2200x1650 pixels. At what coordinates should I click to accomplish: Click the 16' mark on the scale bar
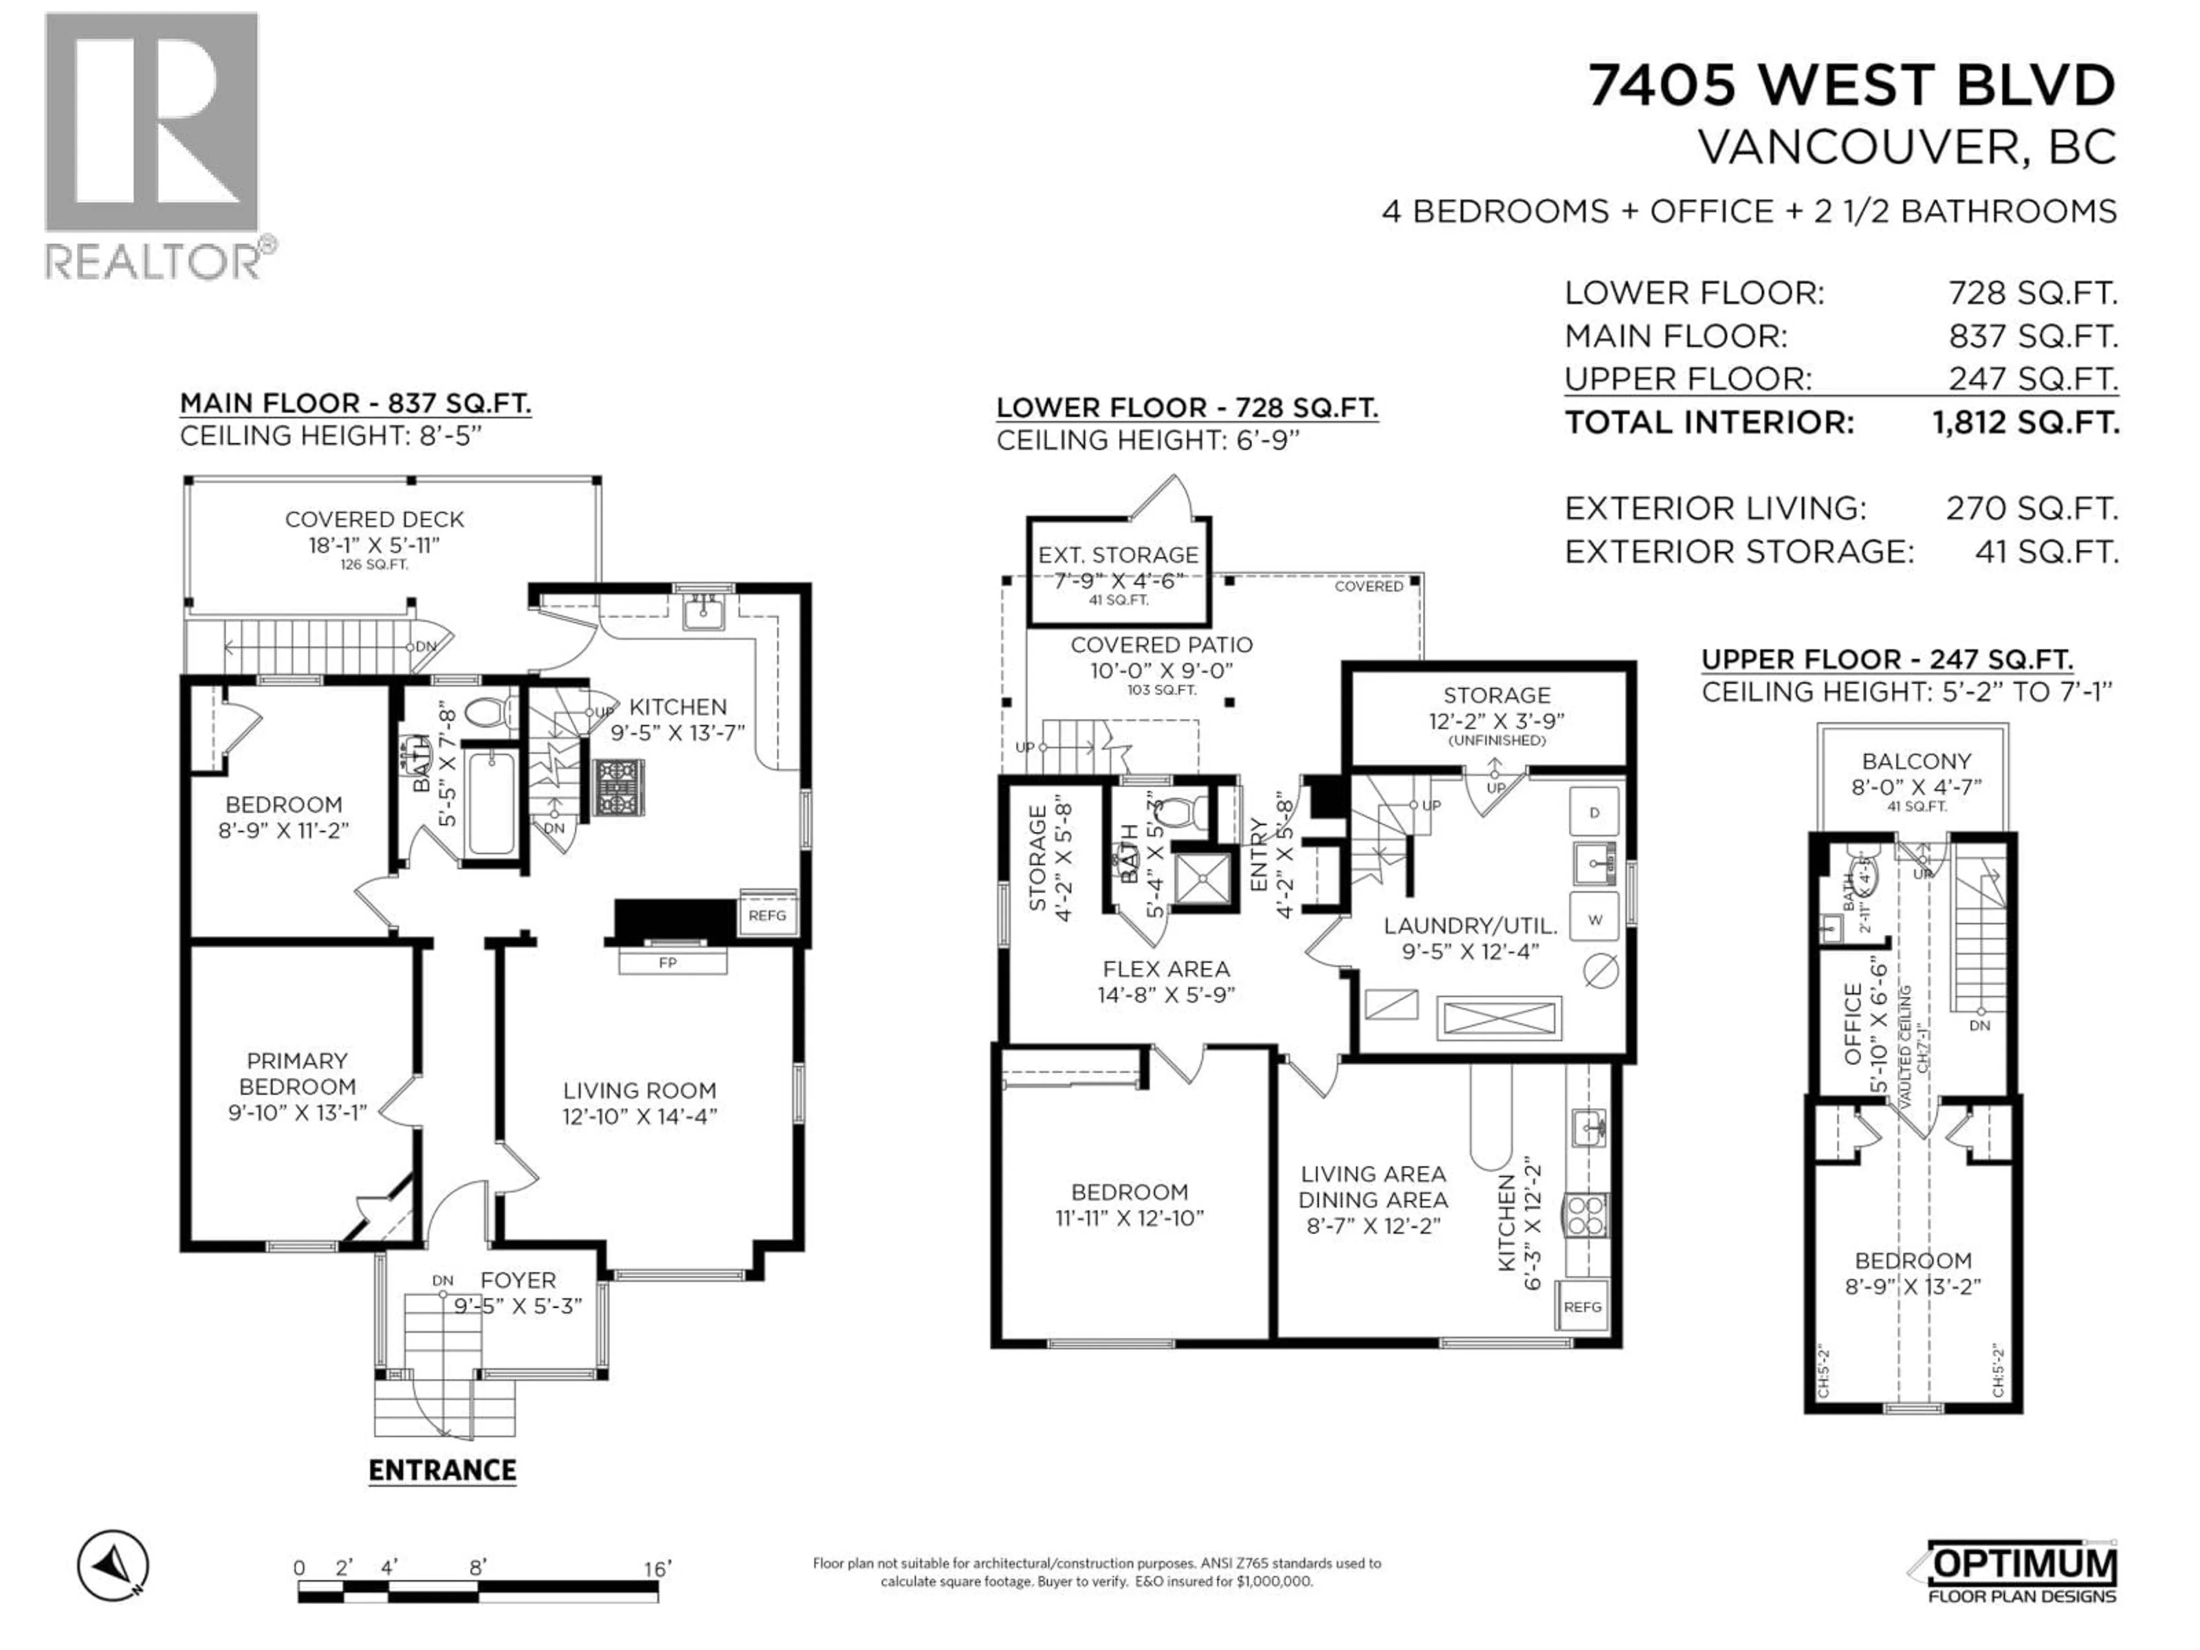657,1569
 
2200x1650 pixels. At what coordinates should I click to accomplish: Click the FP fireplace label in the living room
667,962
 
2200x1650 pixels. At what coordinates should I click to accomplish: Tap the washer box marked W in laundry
1594,920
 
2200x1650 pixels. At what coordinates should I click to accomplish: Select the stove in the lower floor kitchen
1585,1215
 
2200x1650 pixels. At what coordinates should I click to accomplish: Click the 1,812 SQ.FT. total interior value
2025,423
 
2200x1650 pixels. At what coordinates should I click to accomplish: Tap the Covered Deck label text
374,519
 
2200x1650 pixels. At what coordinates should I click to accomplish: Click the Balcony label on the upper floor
1916,762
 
